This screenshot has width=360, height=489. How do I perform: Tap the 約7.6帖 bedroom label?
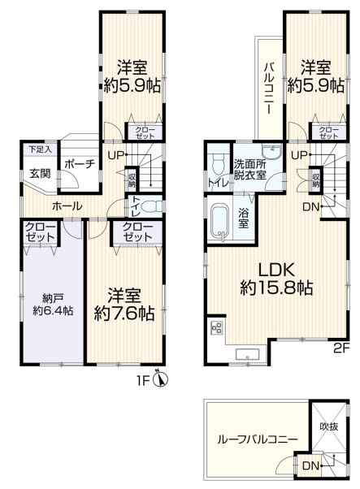124,303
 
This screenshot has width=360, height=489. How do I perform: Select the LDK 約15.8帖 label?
276,278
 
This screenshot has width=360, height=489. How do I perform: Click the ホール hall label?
67,206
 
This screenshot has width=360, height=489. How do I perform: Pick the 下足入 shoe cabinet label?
37,149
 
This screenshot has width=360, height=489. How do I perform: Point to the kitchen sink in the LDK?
245,354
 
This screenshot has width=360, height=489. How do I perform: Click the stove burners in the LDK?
217,328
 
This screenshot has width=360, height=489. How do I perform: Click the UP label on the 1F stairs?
115,154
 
